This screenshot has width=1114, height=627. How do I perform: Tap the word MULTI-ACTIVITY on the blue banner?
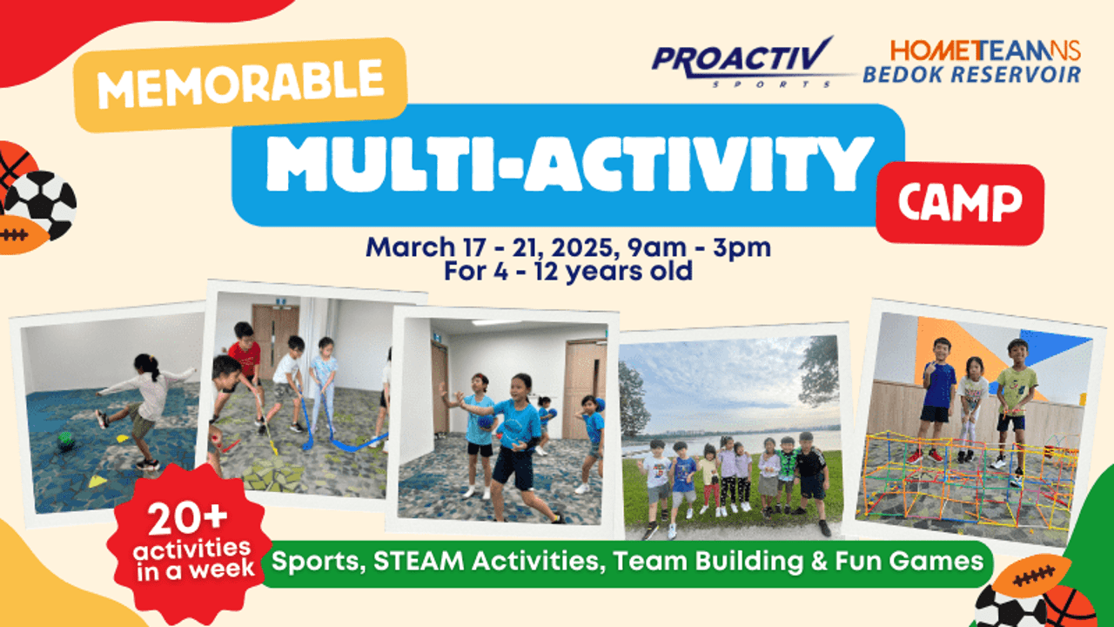pyautogui.click(x=570, y=165)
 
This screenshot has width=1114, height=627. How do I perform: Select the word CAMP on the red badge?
pyautogui.click(x=960, y=203)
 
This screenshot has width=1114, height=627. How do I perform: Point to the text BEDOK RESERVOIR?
pyautogui.click(x=972, y=74)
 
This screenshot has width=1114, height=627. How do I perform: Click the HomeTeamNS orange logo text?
pyautogui.click(x=985, y=50)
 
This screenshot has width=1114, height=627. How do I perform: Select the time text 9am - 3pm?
pyautogui.click(x=699, y=247)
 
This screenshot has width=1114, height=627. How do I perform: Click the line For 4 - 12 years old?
pyautogui.click(x=568, y=272)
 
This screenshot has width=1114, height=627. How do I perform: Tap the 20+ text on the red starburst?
pyautogui.click(x=187, y=519)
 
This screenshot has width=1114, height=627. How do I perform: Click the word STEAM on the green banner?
pyautogui.click(x=419, y=562)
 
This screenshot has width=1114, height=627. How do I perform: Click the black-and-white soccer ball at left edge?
pyautogui.click(x=42, y=204)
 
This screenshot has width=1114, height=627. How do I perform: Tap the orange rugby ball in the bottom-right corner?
pyautogui.click(x=1032, y=577)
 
